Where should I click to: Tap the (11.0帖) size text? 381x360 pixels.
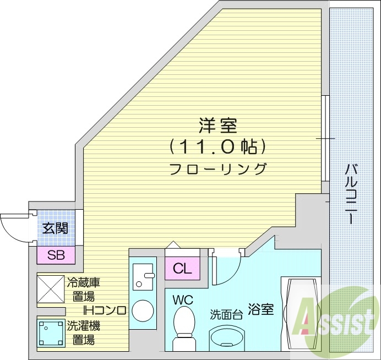click(x=219, y=147)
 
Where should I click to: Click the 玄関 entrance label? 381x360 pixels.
click(x=56, y=227)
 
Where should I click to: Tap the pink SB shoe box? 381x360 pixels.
click(x=56, y=255)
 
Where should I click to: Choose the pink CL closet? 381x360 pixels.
click(x=182, y=269)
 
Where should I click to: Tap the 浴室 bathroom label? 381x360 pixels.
click(x=260, y=309)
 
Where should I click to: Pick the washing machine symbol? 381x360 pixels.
click(x=51, y=333)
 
